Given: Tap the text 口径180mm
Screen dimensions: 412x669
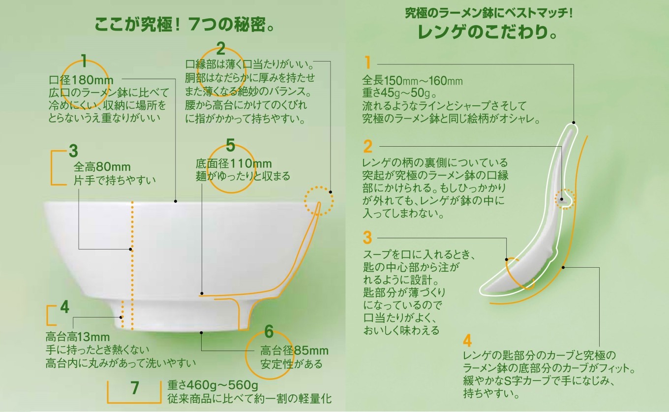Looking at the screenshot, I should click(x=81, y=79).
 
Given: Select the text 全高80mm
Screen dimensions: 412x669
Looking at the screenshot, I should click(x=102, y=167).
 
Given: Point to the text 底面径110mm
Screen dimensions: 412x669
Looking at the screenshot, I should click(x=234, y=163).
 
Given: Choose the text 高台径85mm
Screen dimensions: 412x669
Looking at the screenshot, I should click(x=294, y=351).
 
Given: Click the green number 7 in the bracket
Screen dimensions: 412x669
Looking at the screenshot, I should click(x=135, y=389).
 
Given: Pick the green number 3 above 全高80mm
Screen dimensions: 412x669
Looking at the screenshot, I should click(x=73, y=150).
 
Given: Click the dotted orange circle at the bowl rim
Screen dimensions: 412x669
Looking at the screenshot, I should click(x=318, y=200).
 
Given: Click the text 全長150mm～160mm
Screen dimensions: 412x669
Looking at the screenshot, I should click(x=412, y=80).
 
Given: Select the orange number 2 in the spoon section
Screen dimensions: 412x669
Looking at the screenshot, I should click(x=368, y=147).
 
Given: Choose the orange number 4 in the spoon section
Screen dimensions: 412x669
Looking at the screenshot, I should click(x=467, y=341).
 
